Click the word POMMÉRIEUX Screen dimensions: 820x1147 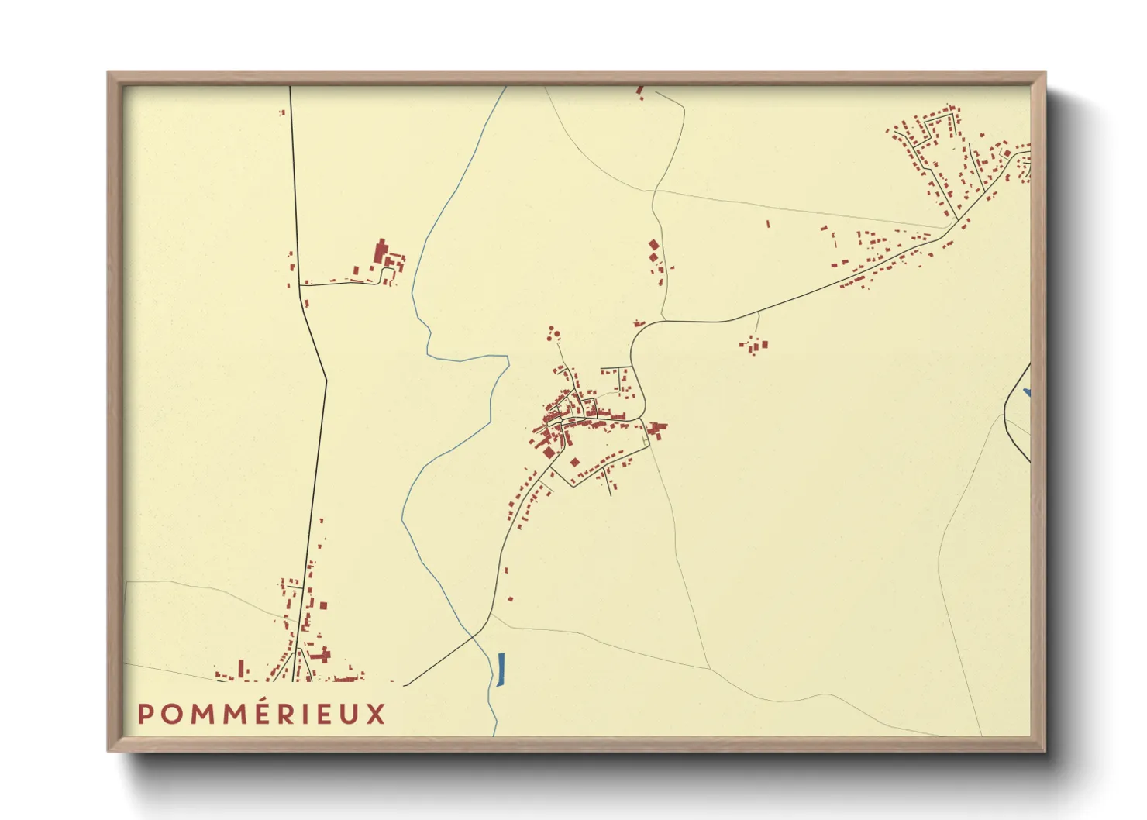point(261,714)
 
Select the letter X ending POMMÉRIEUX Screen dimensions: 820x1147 point(376,714)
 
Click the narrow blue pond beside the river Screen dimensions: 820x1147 point(501,669)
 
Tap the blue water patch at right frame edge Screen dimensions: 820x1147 point(1027,393)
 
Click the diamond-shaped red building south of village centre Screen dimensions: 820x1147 point(575,463)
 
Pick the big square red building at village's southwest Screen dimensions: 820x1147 point(548,452)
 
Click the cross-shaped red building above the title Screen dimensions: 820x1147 point(320,655)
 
